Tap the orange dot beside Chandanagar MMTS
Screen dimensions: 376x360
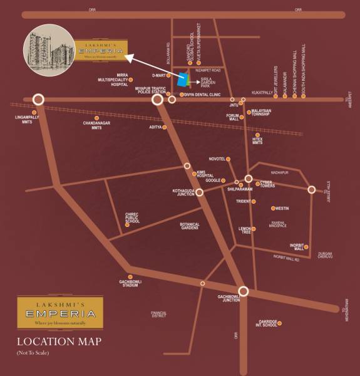pos(96,117)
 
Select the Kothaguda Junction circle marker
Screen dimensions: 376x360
pos(199,192)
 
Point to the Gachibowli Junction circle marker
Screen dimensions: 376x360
pos(244,291)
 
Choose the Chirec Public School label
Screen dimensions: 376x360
pos(132,216)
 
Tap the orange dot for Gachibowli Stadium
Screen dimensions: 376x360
pos(130,276)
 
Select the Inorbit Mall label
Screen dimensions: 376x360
pos(296,246)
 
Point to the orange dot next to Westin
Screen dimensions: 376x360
pos(272,209)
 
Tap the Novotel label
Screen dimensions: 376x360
pos(216,159)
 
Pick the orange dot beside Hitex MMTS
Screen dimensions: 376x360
pos(257,135)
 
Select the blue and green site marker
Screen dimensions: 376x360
pos(183,80)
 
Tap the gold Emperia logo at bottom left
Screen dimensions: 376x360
pos(56,312)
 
